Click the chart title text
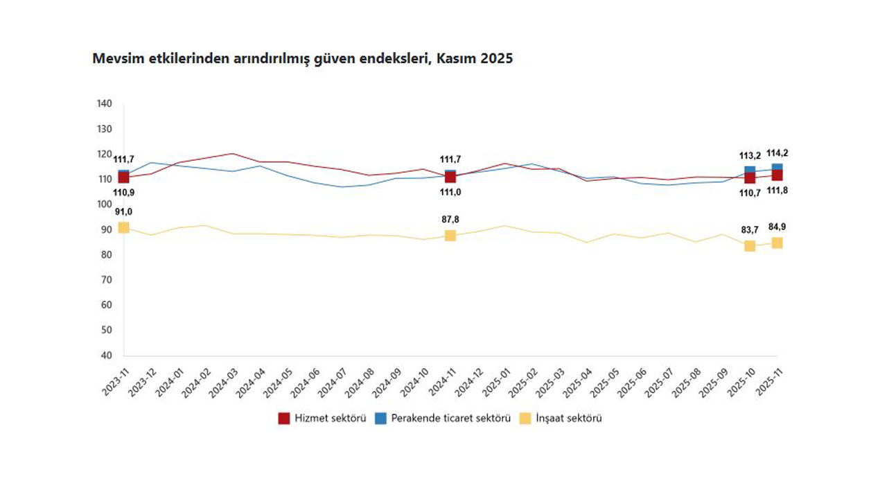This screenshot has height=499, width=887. pos(302,59)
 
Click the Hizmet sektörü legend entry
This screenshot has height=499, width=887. pos(322,418)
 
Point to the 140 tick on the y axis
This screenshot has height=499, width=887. pos(105,104)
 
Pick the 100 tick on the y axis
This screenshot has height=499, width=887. pos(105,204)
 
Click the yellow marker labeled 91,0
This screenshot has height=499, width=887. pos(123,227)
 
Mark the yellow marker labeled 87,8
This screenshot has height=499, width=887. pos(450,236)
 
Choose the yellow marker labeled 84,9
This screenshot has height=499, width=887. pos(778,243)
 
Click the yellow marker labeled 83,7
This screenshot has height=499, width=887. pos(750,246)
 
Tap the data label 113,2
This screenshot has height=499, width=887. pos(750,156)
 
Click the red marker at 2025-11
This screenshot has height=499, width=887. pos(778,175)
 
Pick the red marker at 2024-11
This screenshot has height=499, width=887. pos(450,177)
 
